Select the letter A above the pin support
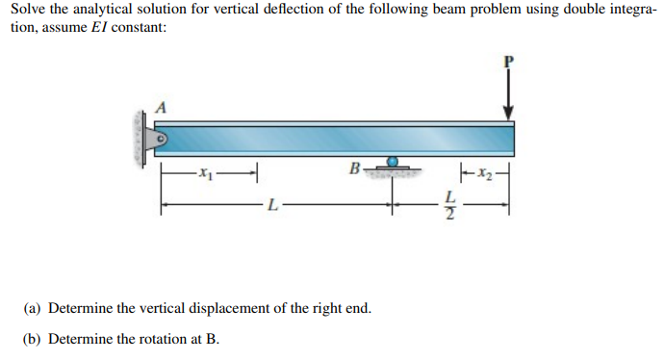coord(161,108)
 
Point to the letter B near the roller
coord(355,170)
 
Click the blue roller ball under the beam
coord(393,163)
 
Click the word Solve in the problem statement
coord(30,10)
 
